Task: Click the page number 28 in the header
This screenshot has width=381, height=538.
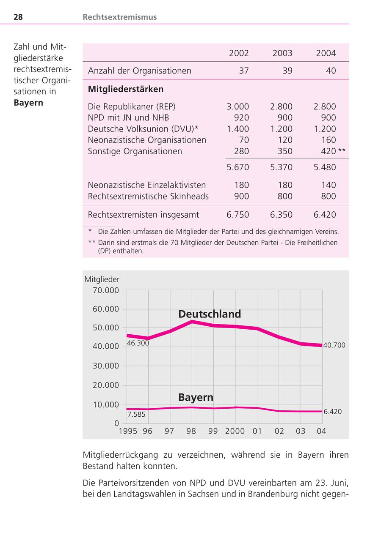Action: click(18, 17)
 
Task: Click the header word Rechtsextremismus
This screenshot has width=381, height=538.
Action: click(120, 17)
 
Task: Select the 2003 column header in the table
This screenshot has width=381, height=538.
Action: click(282, 53)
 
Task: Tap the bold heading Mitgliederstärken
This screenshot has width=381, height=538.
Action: click(126, 89)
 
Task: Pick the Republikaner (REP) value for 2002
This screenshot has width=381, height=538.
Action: click(238, 107)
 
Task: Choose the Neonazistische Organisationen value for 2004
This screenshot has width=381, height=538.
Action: click(329, 140)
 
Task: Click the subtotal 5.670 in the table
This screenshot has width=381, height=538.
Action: click(238, 167)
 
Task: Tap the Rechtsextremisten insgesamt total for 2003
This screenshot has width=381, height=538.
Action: click(281, 215)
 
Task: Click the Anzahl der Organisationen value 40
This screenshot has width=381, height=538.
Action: click(331, 71)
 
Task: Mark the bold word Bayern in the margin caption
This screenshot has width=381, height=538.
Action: click(28, 103)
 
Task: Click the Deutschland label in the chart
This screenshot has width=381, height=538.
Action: click(210, 314)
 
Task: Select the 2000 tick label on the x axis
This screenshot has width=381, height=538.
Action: click(235, 431)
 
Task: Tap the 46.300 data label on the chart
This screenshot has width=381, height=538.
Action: click(138, 343)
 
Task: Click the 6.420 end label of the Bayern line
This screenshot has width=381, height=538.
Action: click(333, 412)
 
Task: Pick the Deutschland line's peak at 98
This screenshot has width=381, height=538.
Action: click(192, 322)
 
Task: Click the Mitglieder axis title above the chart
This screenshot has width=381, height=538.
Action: click(102, 279)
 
